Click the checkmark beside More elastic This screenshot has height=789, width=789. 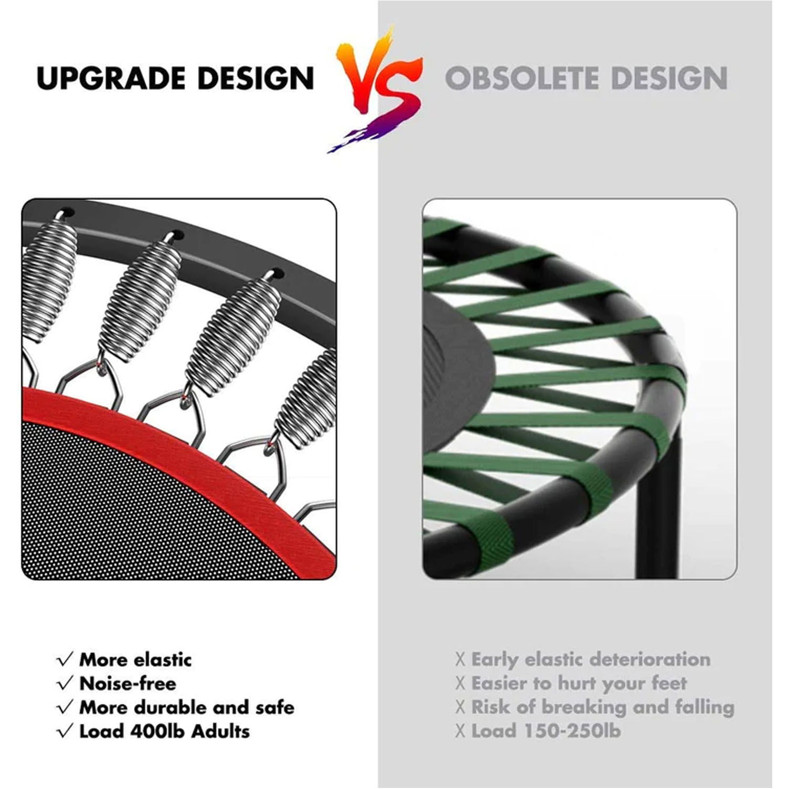[65, 660]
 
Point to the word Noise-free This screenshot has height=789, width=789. [127, 683]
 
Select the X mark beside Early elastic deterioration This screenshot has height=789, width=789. [461, 660]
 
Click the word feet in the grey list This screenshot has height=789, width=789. [668, 683]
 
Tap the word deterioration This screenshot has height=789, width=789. [650, 660]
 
